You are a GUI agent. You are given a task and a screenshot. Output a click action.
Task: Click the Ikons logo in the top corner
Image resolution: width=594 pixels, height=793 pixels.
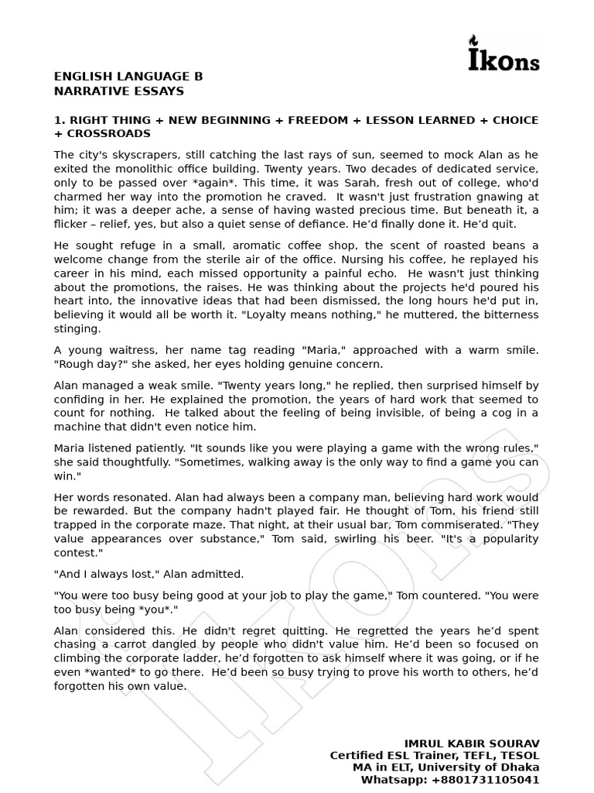[504, 54]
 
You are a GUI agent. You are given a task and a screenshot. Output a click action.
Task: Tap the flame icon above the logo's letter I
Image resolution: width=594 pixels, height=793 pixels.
[475, 40]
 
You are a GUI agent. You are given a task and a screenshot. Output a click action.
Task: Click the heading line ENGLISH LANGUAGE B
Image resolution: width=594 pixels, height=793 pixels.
[128, 77]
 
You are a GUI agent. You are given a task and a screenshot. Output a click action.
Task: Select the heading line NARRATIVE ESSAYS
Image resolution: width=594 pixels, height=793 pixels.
[119, 91]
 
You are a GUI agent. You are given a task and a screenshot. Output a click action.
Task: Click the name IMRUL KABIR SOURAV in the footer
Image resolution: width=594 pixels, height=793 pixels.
[472, 743]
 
